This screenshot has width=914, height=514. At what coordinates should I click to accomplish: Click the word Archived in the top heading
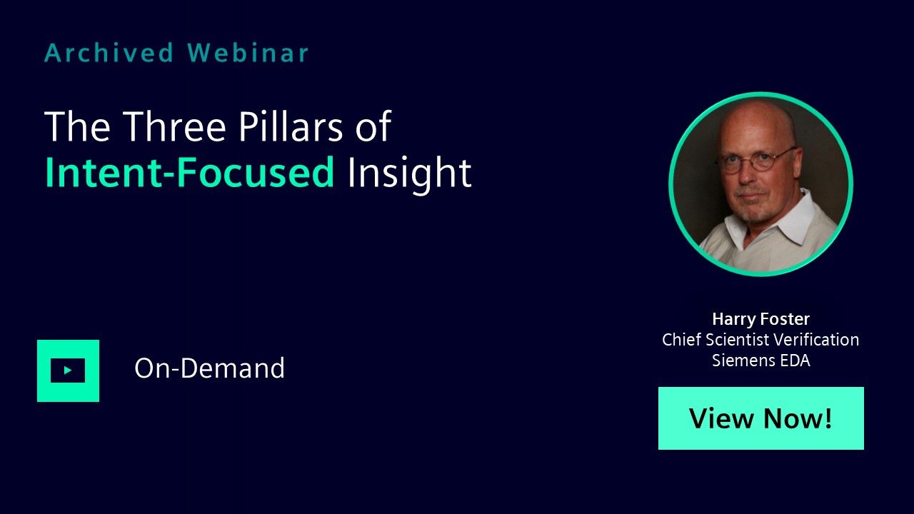tap(109, 53)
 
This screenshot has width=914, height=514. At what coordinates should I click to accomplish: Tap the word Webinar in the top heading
tap(248, 53)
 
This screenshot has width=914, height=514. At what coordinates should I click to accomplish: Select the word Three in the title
tap(174, 126)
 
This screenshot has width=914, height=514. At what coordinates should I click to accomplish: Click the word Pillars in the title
tap(291, 126)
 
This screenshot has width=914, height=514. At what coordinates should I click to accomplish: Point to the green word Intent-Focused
tap(190, 173)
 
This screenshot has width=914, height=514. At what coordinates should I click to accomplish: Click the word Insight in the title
tap(409, 174)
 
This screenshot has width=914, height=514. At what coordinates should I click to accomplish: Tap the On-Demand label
tap(209, 368)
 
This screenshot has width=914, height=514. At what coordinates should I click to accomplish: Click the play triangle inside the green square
tap(68, 371)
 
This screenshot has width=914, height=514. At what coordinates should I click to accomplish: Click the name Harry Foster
tap(760, 319)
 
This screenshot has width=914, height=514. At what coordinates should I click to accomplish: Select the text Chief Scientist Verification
tap(760, 339)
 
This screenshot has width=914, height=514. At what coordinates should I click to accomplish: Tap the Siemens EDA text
tap(760, 361)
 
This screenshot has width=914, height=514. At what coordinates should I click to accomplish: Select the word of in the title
tap(373, 126)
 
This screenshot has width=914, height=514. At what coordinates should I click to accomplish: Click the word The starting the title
tap(77, 126)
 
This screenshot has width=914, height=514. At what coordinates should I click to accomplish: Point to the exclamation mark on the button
tap(828, 418)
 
